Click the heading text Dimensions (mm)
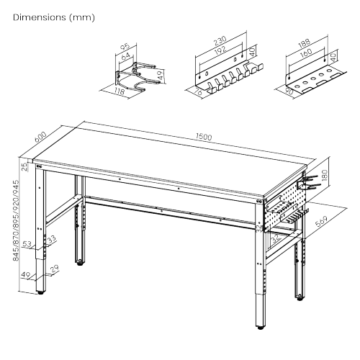[x=53, y=17]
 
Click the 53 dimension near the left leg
[x=27, y=245]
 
